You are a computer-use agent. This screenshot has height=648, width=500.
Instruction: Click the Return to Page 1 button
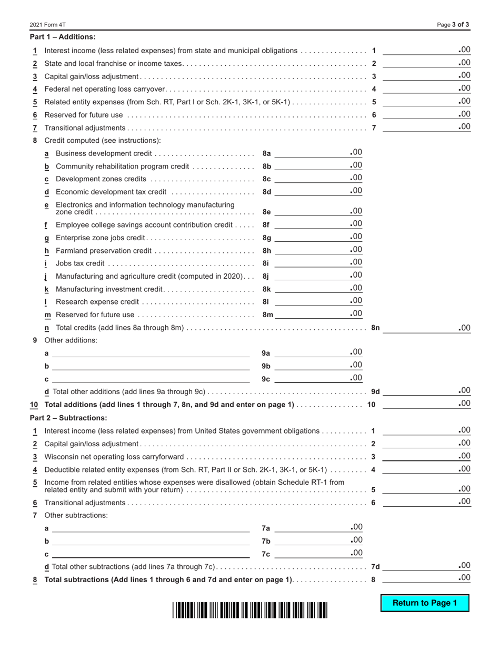[425, 603]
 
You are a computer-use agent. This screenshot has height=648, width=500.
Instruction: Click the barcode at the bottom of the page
[249, 610]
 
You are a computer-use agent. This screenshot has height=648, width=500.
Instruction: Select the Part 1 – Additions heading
[63, 37]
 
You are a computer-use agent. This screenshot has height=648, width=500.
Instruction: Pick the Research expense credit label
[97, 302]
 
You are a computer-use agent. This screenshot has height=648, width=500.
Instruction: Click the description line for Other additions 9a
[151, 353]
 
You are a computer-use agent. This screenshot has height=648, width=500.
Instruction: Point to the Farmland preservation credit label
[104, 251]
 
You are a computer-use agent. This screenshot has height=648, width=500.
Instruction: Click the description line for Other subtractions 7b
[151, 541]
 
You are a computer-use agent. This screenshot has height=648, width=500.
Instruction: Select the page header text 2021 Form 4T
[48, 25]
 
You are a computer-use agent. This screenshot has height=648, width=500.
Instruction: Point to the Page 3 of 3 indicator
[454, 25]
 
